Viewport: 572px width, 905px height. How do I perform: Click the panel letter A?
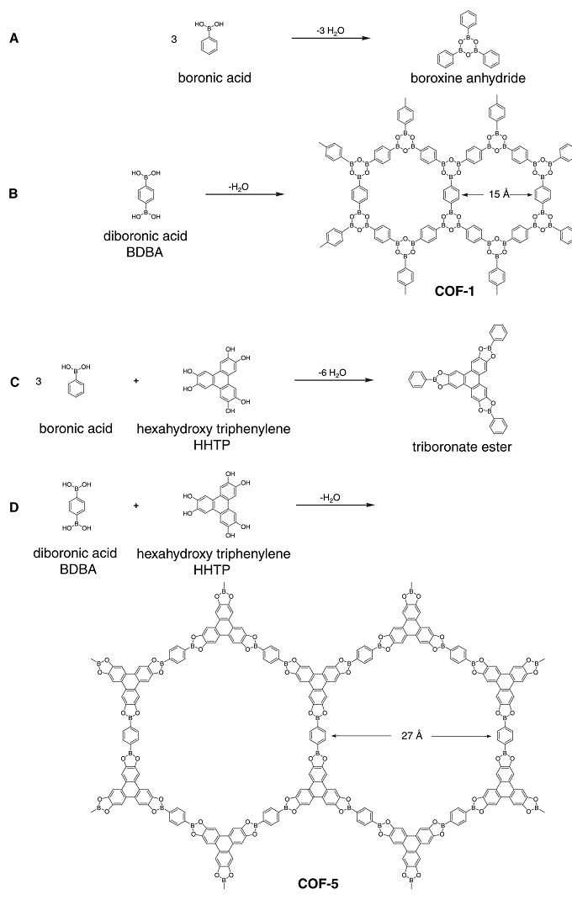[14, 39]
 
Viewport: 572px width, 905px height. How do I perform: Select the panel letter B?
[14, 193]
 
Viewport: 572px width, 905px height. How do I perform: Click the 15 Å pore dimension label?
[495, 195]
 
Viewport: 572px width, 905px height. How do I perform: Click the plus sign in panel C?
[136, 384]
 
